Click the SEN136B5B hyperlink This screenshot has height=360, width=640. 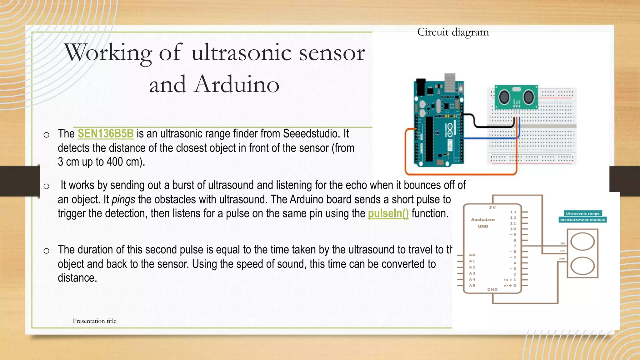pyautogui.click(x=105, y=134)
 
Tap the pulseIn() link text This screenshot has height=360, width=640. pyautogui.click(x=388, y=214)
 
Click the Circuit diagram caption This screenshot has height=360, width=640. pyautogui.click(x=453, y=32)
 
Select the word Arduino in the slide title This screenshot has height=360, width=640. pyautogui.click(x=236, y=84)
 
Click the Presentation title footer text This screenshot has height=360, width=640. pyautogui.click(x=94, y=321)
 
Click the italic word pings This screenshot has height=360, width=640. pyautogui.click(x=123, y=200)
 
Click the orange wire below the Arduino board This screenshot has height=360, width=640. pyautogui.click(x=459, y=174)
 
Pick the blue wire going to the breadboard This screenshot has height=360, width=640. pyautogui.click(x=487, y=138)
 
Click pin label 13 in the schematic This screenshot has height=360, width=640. pyautogui.click(x=513, y=212)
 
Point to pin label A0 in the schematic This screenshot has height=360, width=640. pyautogui.click(x=472, y=255)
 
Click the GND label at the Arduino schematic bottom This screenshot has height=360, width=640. pyautogui.click(x=492, y=290)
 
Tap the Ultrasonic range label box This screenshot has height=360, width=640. pyautogui.click(x=582, y=214)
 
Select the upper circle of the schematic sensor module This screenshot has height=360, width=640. pyautogui.click(x=582, y=242)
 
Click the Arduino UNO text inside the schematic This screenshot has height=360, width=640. pyautogui.click(x=483, y=223)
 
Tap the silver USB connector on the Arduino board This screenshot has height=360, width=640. pyautogui.click(x=450, y=80)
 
